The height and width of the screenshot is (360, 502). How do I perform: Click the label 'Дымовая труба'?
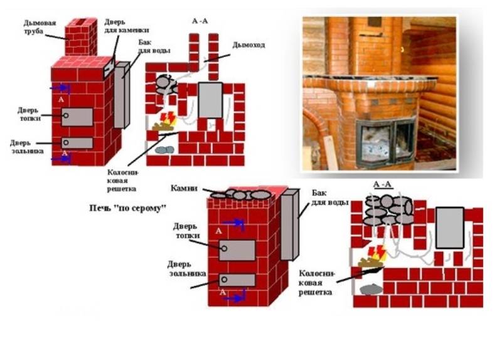[40, 27]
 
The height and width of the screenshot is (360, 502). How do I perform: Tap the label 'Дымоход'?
[248, 45]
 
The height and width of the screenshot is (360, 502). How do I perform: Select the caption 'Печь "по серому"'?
[127, 208]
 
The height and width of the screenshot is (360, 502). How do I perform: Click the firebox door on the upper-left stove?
[77, 117]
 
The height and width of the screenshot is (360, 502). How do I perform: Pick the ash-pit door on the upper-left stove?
[77, 143]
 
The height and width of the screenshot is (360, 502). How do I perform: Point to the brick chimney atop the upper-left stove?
[81, 37]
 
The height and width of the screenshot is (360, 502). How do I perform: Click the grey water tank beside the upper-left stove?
[122, 95]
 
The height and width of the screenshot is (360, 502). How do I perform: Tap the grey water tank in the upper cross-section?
[210, 100]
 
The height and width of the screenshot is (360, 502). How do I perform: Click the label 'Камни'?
[184, 188]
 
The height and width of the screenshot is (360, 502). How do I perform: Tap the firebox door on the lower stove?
[237, 250]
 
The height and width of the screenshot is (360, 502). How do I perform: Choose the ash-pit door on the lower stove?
[237, 280]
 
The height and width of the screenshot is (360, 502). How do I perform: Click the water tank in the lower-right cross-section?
[450, 228]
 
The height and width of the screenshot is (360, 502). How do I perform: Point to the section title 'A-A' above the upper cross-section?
[200, 21]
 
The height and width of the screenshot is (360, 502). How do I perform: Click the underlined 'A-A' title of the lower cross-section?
[382, 184]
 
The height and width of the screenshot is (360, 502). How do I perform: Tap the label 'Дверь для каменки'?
[126, 26]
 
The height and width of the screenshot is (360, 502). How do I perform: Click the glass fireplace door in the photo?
[386, 142]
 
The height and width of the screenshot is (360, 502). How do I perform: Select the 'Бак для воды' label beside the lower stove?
[330, 198]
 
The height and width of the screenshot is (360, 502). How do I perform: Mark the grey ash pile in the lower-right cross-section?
[371, 290]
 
